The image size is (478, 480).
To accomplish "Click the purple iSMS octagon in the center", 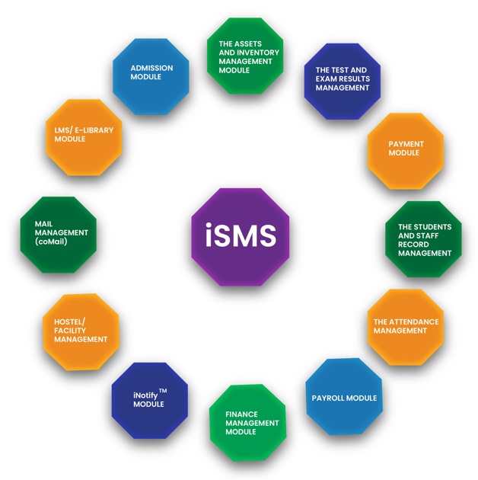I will [241, 237].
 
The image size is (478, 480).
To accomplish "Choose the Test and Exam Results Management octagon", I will [342, 80].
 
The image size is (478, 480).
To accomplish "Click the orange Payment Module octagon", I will [405, 150].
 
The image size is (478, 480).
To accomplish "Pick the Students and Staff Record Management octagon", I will [423, 239].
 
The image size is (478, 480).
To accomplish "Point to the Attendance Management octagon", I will [406, 327].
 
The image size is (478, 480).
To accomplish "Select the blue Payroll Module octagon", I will [343, 397].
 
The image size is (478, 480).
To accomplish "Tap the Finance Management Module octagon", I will [247, 423].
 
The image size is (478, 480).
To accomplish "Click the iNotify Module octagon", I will [149, 400].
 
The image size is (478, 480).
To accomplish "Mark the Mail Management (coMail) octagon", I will [58, 234].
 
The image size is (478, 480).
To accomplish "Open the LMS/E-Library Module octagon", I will [83, 136].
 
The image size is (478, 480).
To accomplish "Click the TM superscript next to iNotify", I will [163, 391].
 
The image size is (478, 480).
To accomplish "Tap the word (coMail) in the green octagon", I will [51, 242].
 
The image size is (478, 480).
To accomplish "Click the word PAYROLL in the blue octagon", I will [329, 398].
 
